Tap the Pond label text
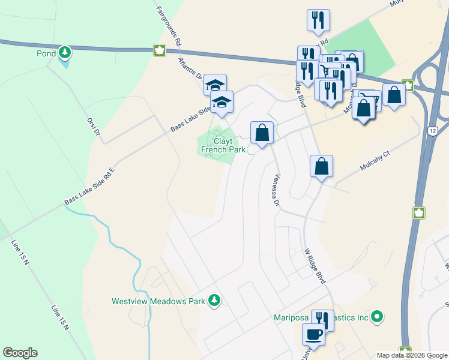(x=47, y=53)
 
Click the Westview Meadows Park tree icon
(x=214, y=301)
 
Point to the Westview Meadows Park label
(x=158, y=301)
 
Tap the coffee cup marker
(x=313, y=334)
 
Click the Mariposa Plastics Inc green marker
(x=377, y=316)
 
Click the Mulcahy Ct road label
(x=375, y=161)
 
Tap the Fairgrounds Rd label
(x=169, y=26)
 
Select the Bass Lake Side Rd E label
(x=89, y=187)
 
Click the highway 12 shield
(x=432, y=130)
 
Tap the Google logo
(x=20, y=353)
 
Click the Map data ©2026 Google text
(x=412, y=355)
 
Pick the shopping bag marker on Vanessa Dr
(x=262, y=133)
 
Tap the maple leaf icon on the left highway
(x=160, y=50)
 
